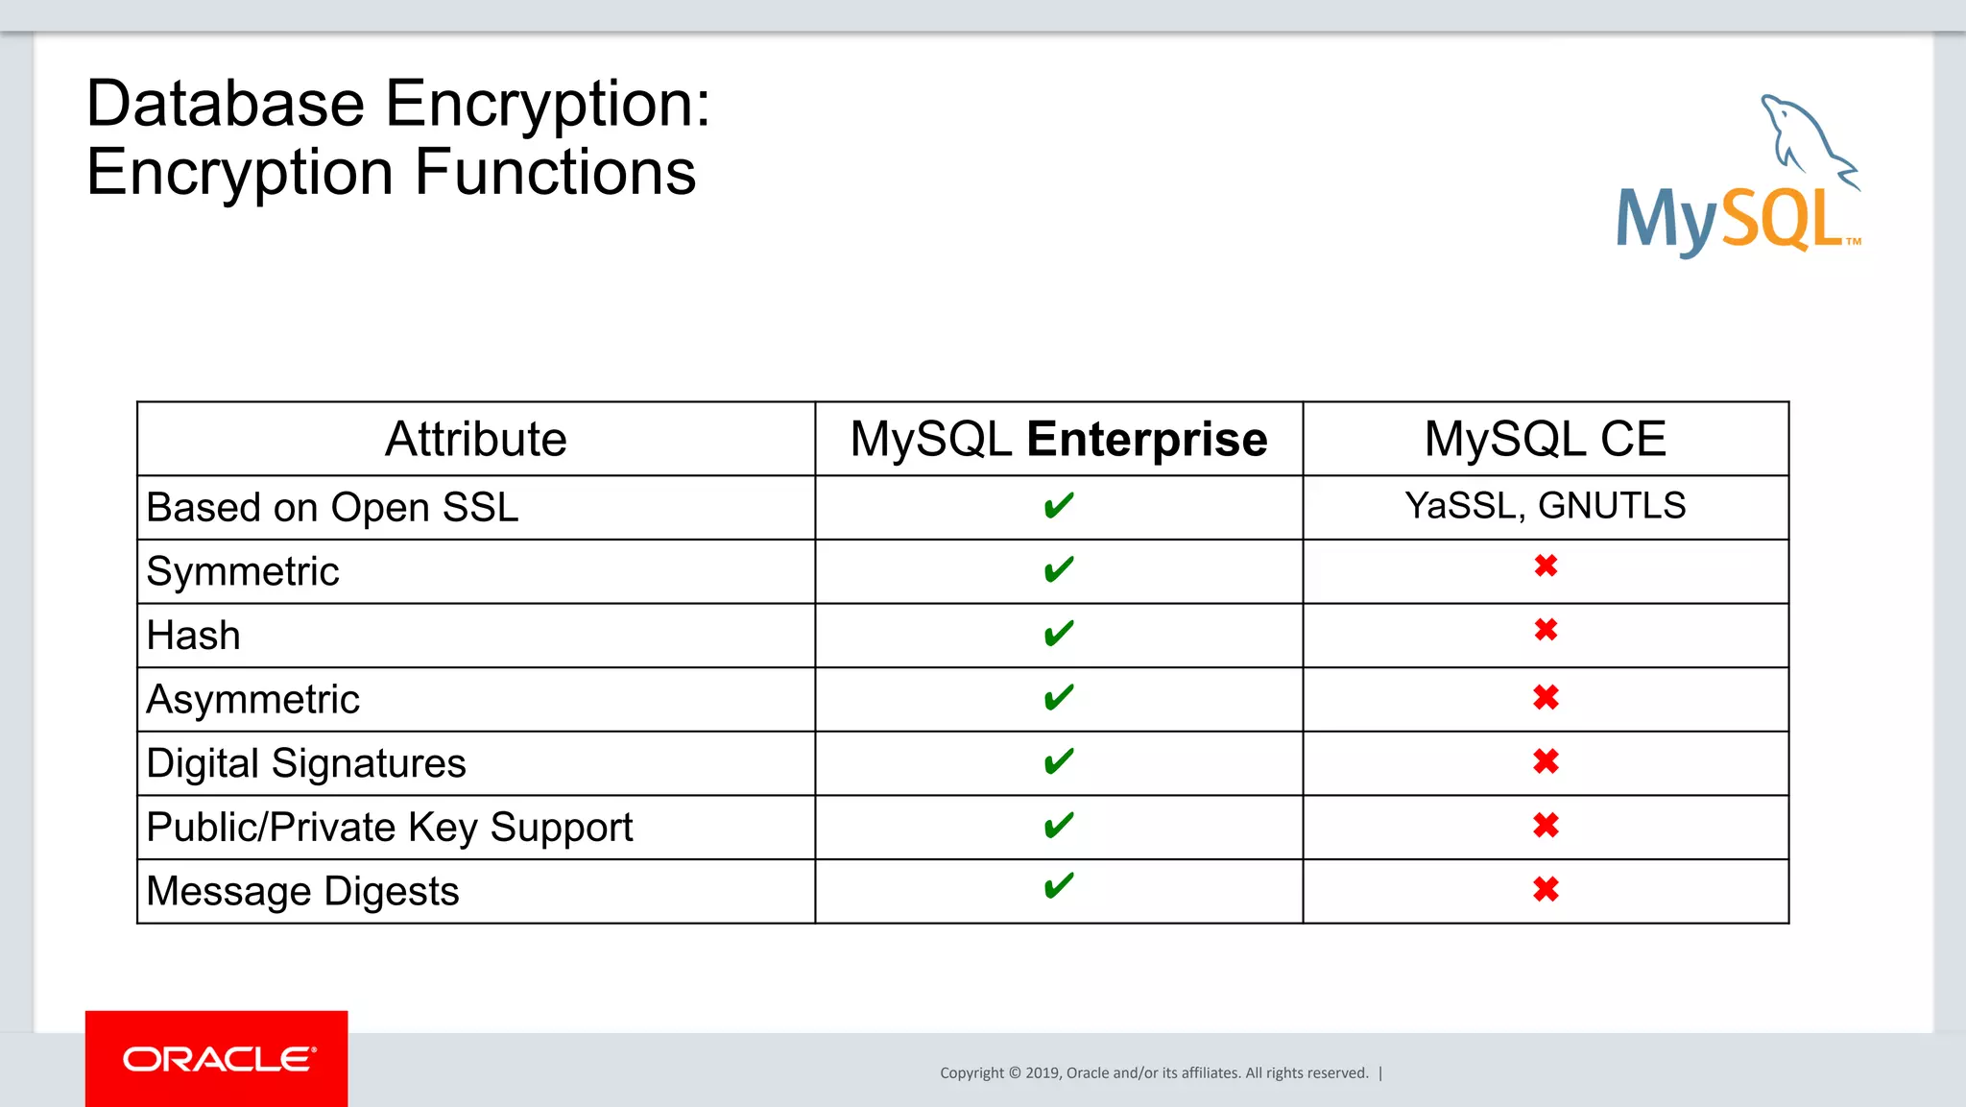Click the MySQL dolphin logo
click(1738, 178)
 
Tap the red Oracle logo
click(217, 1058)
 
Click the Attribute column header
click(475, 440)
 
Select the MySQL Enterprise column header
click(1059, 440)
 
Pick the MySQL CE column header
click(1545, 440)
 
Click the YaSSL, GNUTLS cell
click(1545, 506)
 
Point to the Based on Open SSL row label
click(332, 508)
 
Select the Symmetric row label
click(243, 572)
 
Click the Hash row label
click(194, 636)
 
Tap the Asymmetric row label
click(253, 700)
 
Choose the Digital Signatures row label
click(306, 764)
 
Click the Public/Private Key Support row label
click(390, 828)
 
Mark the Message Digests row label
click(303, 892)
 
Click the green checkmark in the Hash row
click(1059, 634)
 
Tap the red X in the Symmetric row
click(1546, 566)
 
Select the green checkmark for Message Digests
click(1059, 886)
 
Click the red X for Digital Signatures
click(1546, 762)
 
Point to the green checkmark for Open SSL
click(1059, 505)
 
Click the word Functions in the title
click(556, 173)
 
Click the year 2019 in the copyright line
click(1042, 1073)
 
